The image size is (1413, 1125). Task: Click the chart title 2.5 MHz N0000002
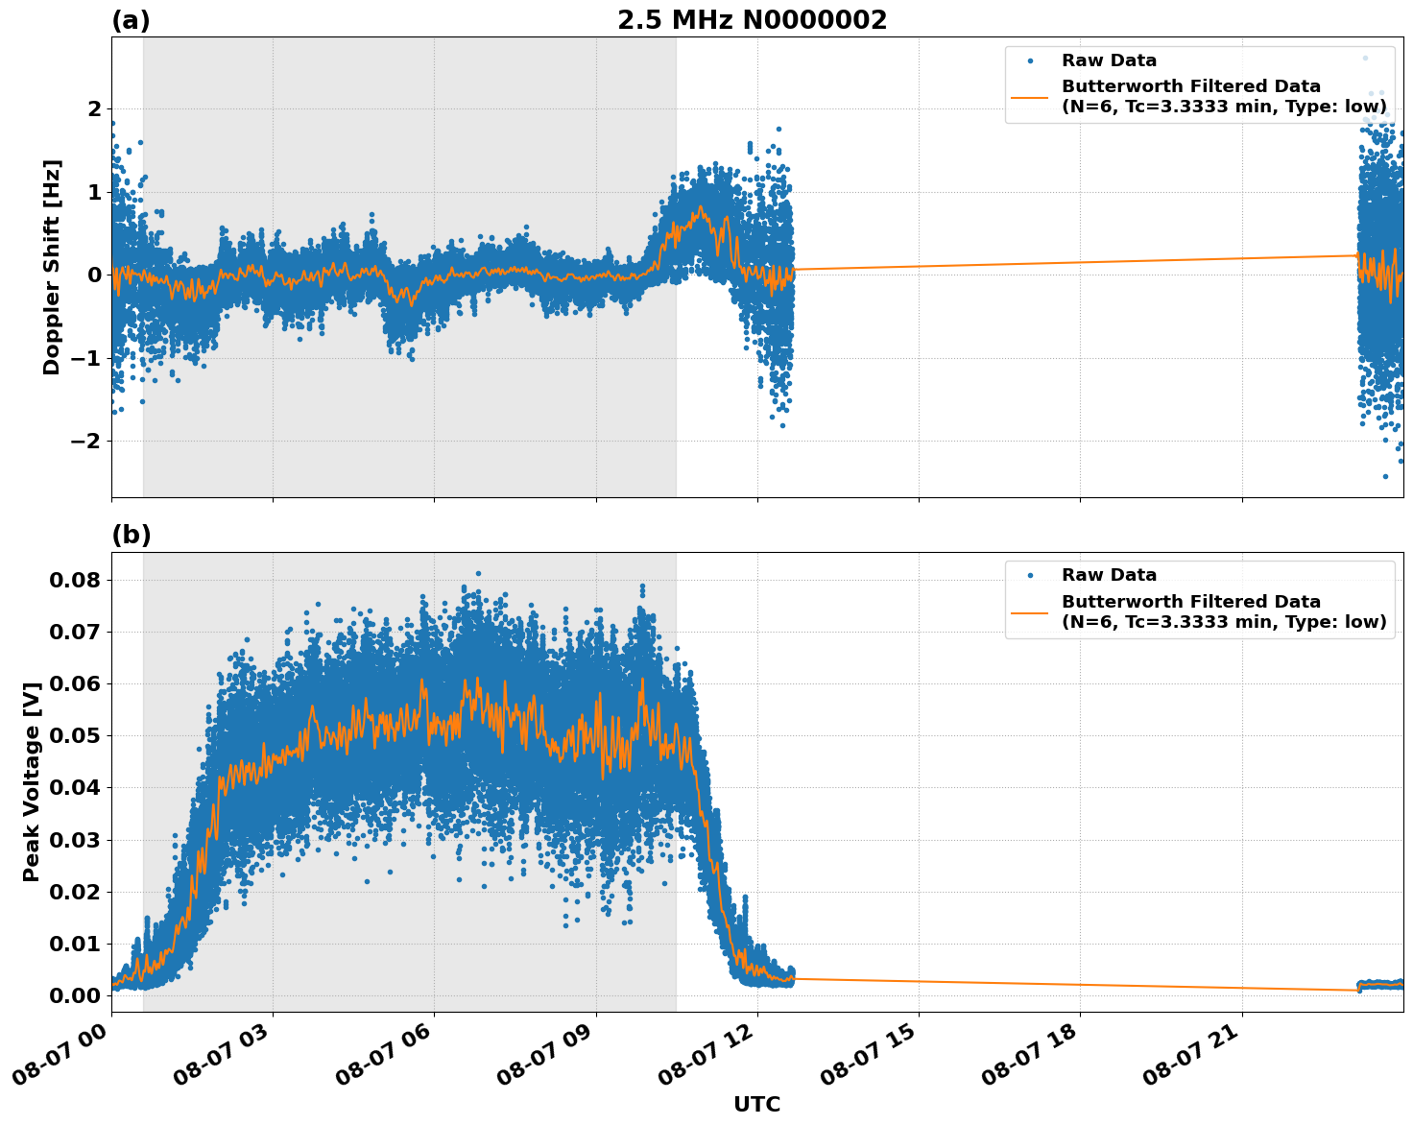click(x=752, y=20)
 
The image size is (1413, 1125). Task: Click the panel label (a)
click(x=131, y=20)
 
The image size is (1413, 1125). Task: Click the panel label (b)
click(x=132, y=535)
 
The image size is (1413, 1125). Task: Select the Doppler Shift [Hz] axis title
click(x=52, y=267)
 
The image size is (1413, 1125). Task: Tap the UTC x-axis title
click(x=756, y=1104)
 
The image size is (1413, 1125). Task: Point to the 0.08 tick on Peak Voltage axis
click(x=79, y=580)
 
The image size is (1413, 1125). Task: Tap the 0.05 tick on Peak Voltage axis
click(x=79, y=736)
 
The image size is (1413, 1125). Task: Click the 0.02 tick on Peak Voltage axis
click(x=79, y=892)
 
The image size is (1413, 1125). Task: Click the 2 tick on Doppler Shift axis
click(x=93, y=109)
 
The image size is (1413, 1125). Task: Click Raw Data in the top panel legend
click(x=1109, y=60)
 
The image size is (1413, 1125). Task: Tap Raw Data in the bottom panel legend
click(x=1109, y=575)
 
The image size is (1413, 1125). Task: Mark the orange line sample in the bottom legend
click(x=1030, y=611)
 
